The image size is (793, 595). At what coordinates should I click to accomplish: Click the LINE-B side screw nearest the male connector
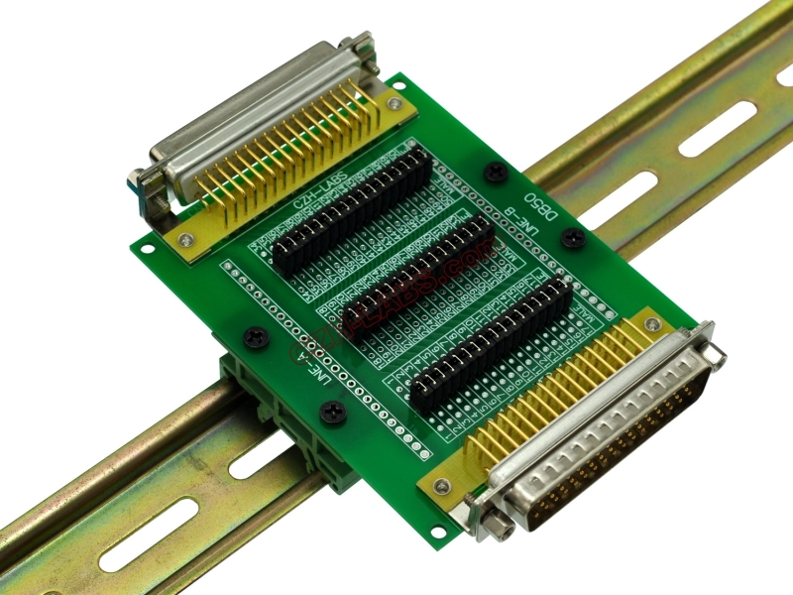(x=572, y=237)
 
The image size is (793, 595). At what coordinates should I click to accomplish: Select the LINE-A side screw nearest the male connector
(x=334, y=412)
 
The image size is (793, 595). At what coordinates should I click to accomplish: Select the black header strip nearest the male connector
(x=491, y=337)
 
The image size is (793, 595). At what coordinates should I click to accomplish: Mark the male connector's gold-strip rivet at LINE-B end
(x=651, y=324)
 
